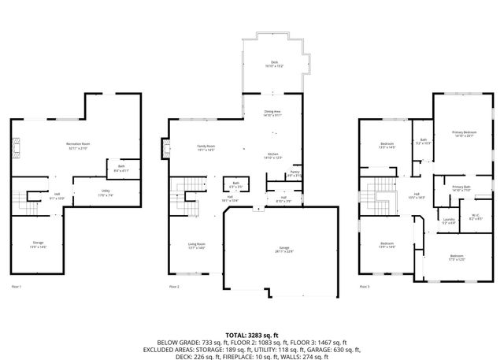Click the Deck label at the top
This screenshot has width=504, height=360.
[274, 63]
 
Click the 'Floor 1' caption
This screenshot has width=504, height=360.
[17, 286]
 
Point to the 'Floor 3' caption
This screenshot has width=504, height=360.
[364, 286]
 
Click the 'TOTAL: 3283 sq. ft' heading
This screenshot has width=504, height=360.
[251, 335]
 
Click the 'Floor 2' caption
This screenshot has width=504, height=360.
[174, 286]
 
